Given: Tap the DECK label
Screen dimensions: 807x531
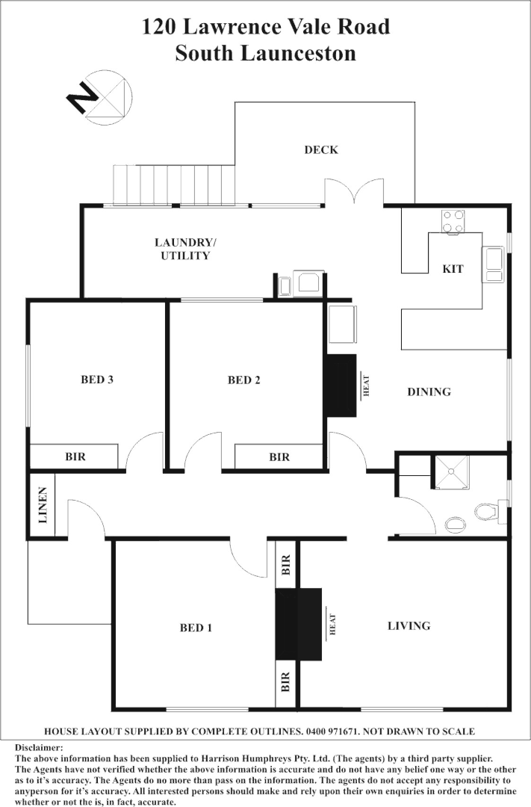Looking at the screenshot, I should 321,150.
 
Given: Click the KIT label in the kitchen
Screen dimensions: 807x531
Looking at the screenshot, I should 453,269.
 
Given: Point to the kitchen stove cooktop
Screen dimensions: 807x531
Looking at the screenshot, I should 453,221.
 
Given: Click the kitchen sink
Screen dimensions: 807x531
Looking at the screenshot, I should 494,264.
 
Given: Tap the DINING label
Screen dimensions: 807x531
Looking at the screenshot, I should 429,392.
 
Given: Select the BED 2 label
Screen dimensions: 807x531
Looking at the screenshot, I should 244,380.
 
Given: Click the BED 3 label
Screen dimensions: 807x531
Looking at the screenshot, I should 97,380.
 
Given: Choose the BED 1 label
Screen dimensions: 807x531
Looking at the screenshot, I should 196,628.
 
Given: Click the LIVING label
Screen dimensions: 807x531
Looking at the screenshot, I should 409,625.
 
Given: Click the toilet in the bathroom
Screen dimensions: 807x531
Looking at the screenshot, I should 486,512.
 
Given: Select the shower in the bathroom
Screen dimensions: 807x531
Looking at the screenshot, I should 452,472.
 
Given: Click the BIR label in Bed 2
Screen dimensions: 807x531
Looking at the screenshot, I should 279,456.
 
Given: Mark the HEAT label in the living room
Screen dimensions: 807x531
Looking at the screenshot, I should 333,625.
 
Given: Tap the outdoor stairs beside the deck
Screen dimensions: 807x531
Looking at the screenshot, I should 173,185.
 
